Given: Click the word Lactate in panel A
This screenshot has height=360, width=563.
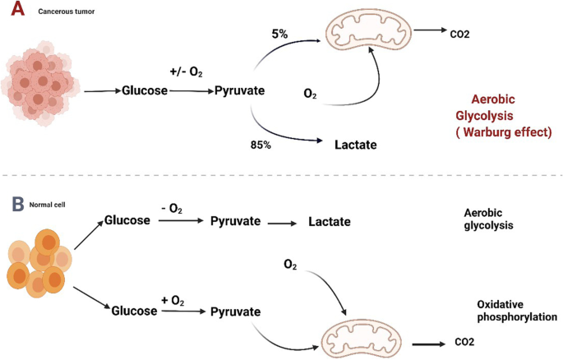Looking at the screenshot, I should point(355,145).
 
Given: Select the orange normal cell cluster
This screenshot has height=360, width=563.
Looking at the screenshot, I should point(38,261).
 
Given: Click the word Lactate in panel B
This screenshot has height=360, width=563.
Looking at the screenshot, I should point(330,221).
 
